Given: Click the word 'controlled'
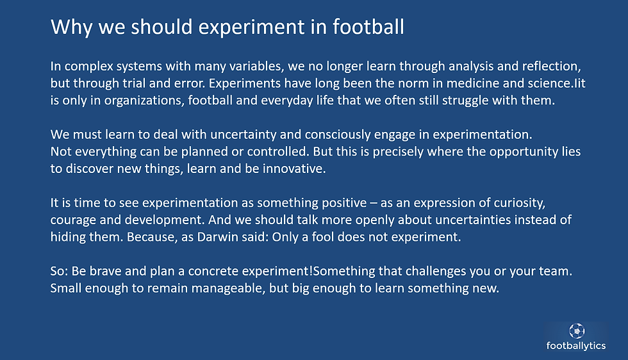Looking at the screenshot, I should click(269, 152).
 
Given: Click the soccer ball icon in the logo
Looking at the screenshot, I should click(576, 331).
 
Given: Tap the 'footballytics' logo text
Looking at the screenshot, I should click(576, 346).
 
